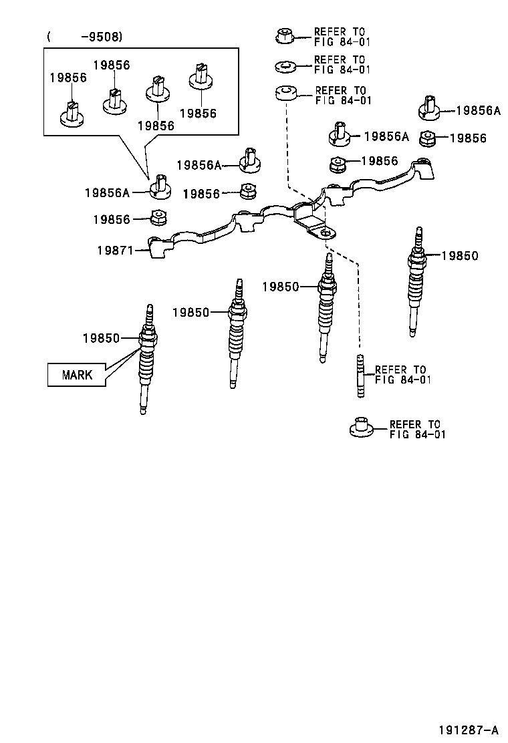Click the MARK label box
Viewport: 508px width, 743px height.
78,375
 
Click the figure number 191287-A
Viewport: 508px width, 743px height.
468,729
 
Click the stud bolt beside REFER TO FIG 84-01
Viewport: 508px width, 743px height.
361,376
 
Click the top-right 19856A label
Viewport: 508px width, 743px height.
478,112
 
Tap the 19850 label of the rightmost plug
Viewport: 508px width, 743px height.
460,256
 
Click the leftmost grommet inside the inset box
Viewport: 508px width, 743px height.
71,114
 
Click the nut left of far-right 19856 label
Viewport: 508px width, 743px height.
427,138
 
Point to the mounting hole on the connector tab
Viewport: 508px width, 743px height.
326,233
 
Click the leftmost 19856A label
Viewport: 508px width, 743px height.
106,192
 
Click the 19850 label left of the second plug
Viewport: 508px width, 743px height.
190,312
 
